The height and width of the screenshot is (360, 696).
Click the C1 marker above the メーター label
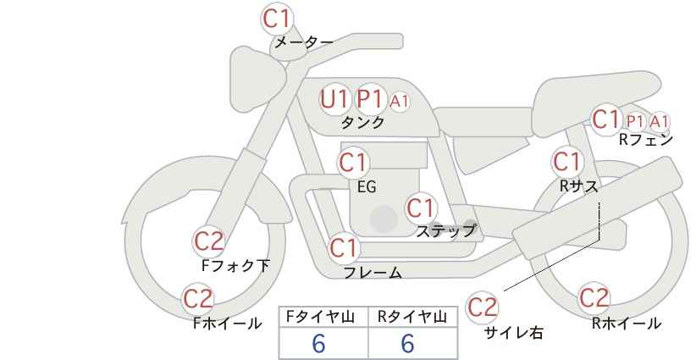[x=277, y=19]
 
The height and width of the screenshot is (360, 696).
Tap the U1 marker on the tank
[x=334, y=99]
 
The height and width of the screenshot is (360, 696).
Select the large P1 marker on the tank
[x=370, y=99]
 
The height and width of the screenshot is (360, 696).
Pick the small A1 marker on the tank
[x=399, y=102]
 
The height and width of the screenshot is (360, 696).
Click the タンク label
[x=362, y=122]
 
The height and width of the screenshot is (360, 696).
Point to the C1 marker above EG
[x=353, y=163]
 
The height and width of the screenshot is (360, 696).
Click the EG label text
[x=367, y=187]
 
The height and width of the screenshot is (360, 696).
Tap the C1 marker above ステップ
[x=421, y=208]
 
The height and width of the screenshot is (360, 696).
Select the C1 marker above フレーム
[x=344, y=247]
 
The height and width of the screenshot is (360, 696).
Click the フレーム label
[x=373, y=272]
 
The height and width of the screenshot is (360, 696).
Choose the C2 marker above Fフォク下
[x=209, y=241]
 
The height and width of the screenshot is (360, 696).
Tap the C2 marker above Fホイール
[x=198, y=299]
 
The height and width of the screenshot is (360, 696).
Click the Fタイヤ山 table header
[x=320, y=317]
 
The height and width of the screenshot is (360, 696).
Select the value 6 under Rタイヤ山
[x=407, y=343]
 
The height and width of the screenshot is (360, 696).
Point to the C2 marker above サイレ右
[x=483, y=307]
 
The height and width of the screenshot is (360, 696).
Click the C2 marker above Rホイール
[x=594, y=298]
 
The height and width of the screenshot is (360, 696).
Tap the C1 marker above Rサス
[x=567, y=162]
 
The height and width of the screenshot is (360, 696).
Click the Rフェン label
[x=646, y=140]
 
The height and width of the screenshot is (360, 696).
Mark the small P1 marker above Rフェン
[x=635, y=121]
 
